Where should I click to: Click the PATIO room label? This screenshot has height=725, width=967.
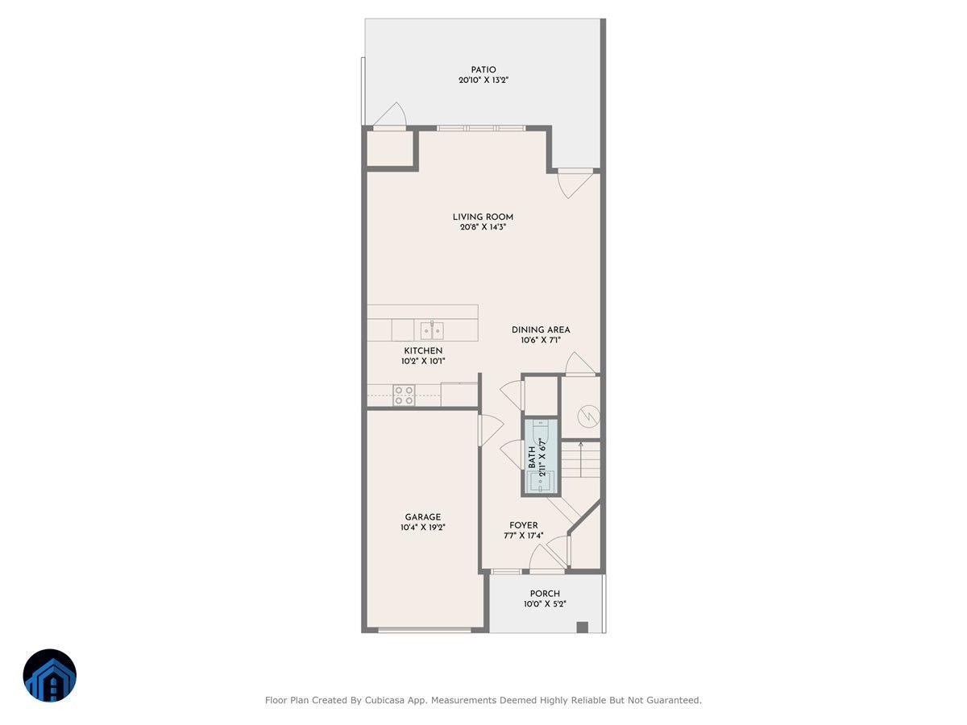[x=483, y=69]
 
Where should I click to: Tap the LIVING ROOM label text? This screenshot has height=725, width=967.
[x=483, y=217]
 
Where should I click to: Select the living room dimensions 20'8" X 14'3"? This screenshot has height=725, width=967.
[x=483, y=227]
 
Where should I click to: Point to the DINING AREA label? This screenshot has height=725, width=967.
[x=541, y=329]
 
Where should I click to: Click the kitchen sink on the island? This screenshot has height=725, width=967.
[x=431, y=330]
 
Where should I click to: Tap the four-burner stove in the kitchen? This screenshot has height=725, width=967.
[x=404, y=395]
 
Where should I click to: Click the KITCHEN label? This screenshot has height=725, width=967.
[x=423, y=351]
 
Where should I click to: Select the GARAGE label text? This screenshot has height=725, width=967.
[x=423, y=517]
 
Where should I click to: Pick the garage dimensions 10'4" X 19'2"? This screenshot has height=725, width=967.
[x=423, y=528]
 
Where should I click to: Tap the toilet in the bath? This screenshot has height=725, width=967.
[x=541, y=482]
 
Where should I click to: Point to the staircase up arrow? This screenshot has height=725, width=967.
[x=581, y=445]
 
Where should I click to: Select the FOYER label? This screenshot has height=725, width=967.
[x=523, y=525]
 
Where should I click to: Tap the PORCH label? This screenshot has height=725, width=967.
[x=545, y=594]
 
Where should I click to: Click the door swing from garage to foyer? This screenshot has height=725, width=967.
[x=489, y=429]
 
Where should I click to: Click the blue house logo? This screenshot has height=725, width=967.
[x=50, y=675]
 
